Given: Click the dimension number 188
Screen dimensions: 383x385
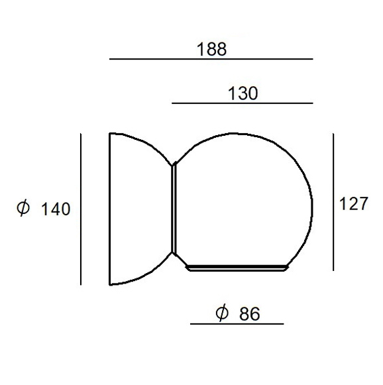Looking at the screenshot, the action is (211, 49).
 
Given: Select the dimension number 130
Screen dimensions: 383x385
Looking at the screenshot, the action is (243, 93).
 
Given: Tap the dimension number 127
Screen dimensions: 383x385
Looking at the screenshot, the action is (353, 203).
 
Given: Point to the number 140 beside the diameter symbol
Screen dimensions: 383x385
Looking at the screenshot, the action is (56, 209).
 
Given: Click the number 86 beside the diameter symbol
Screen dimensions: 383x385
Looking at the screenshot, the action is (249, 313).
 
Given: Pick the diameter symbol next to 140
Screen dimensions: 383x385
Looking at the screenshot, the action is (23, 208).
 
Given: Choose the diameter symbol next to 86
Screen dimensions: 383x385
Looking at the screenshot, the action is (222, 313).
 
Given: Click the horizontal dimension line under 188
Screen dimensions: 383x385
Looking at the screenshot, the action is (211, 59).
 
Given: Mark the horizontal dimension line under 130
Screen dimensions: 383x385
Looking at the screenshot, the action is (243, 103).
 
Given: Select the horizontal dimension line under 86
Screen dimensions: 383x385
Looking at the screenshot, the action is (237, 324).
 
